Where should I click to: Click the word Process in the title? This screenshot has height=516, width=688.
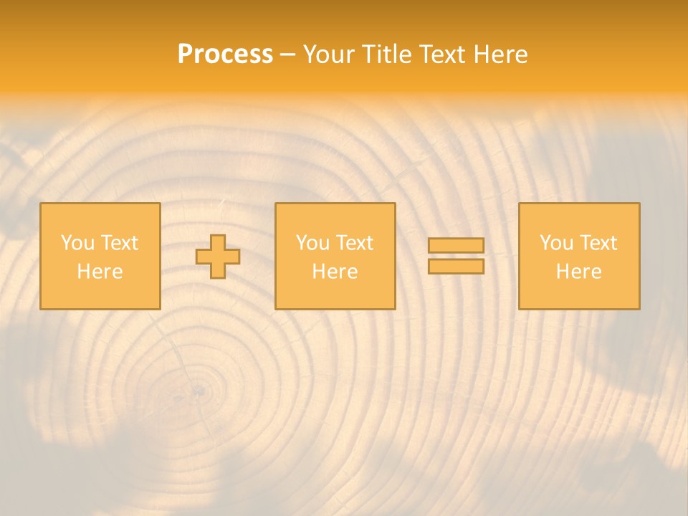coord(225,54)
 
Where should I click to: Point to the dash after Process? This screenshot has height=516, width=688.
coord(287,55)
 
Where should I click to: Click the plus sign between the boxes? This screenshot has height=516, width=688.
coord(218,257)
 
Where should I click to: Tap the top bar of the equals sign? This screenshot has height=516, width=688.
coord(456,245)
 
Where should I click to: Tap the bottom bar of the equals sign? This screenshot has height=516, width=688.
coord(456,266)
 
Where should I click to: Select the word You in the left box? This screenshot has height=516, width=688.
coord(77,243)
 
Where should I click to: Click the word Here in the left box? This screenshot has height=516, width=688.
coord(100,272)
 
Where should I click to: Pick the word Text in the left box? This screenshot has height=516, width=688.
coord(119,243)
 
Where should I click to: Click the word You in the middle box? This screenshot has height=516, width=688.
coord(312,243)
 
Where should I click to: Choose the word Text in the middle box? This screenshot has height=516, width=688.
coord(354,243)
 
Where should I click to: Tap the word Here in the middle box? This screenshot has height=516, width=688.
coord(335,272)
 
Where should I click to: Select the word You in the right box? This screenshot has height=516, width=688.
coord(556,243)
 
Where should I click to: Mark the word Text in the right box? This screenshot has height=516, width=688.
coord(598,243)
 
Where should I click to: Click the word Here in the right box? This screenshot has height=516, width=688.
coord(578,272)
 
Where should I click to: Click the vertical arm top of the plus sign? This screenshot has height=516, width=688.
coord(218,241)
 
